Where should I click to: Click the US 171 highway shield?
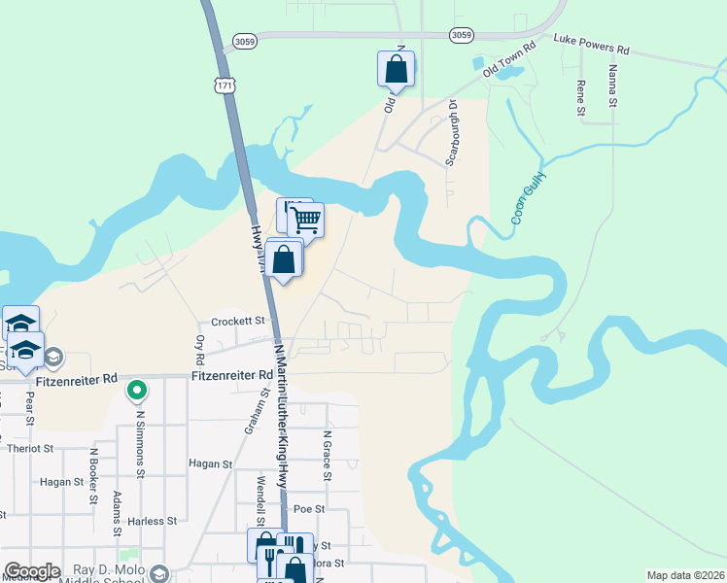[226, 86]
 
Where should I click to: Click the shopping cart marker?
[306, 220]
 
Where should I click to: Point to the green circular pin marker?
[137, 391]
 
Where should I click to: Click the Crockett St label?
[238, 321]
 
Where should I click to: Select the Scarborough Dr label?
[452, 132]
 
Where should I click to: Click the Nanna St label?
[612, 86]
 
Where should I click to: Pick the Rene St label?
[581, 98]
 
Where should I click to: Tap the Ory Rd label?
[200, 345]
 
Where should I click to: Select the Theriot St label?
[27, 449]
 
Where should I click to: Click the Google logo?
[31, 571]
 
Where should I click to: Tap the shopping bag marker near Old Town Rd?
[396, 69]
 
